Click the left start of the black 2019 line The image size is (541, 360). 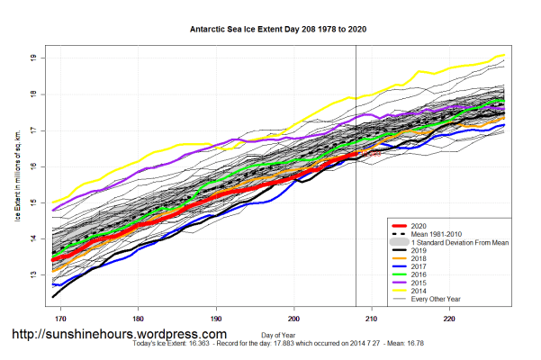pyautogui.click(x=53, y=296)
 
